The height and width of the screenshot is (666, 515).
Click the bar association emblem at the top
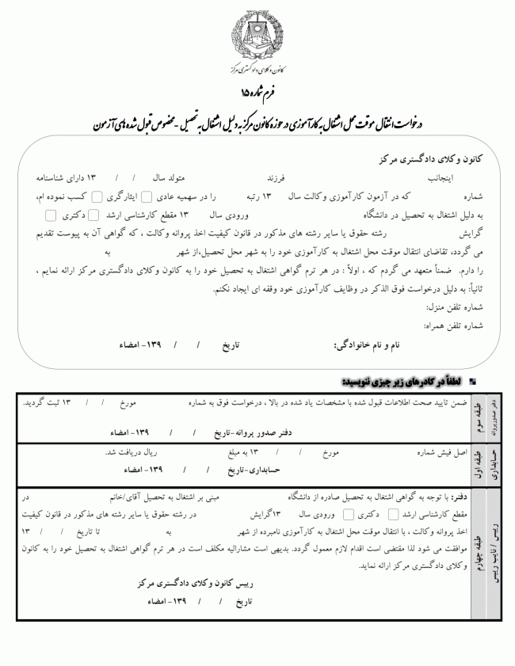point(258,40)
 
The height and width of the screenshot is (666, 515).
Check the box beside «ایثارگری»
point(97,196)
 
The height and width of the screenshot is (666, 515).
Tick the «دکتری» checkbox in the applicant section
point(51,215)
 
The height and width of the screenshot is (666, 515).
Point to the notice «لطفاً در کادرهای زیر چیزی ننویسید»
point(404,381)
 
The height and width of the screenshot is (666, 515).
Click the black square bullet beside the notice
point(472,382)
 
